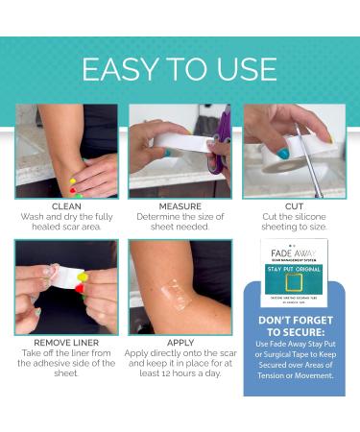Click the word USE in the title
tap(249, 69)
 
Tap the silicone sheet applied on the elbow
tap(179, 292)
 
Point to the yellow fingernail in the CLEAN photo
tap(72, 180)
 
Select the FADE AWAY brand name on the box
tap(294, 254)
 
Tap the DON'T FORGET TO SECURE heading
tap(294, 325)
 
